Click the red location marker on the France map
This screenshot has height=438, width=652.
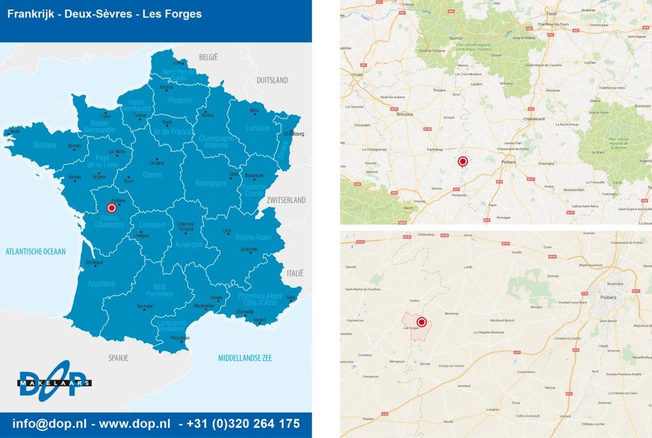pos(111,208)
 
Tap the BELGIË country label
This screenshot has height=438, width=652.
pos(208,57)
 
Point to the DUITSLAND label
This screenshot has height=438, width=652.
pos(272,80)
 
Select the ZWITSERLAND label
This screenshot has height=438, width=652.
pos(287,200)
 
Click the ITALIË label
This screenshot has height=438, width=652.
pos(294,272)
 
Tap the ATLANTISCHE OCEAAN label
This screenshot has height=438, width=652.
pos(36,251)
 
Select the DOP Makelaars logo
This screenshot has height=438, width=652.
pos(54,384)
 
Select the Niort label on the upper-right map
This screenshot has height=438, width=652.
pos(408,208)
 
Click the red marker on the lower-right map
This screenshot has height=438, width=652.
pos(421,323)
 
